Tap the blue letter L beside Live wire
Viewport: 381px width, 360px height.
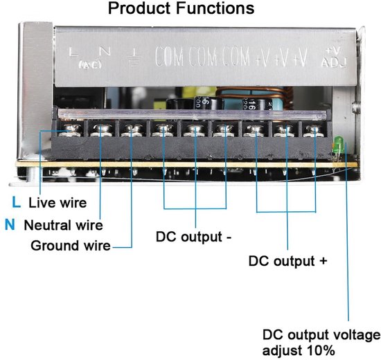16,203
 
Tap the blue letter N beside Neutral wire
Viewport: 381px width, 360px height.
10,224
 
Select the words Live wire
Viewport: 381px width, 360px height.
57,203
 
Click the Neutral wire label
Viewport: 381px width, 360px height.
63,225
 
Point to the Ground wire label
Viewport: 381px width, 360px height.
71,246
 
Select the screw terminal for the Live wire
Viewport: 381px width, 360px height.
71,129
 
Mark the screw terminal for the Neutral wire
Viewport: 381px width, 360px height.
101,129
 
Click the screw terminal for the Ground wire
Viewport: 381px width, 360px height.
130,129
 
